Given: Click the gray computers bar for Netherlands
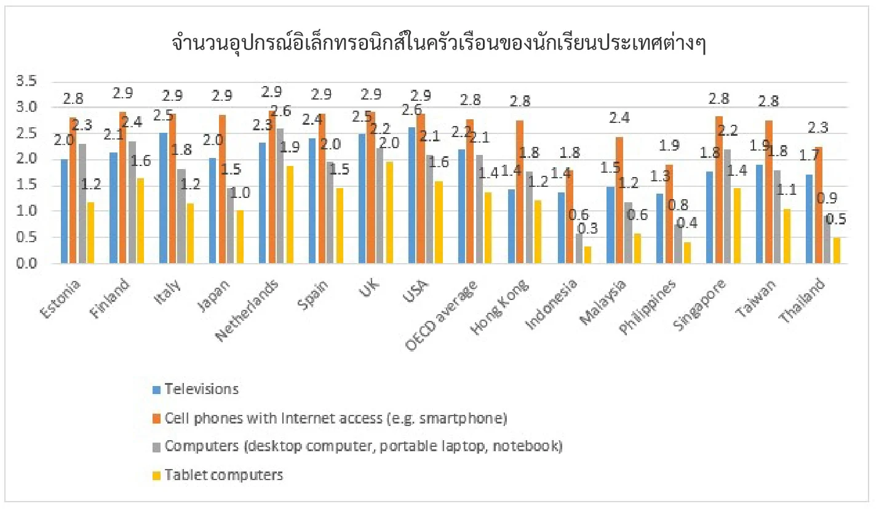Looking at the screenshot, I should coord(280,196).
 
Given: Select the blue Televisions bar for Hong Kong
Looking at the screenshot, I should coord(511,227).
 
